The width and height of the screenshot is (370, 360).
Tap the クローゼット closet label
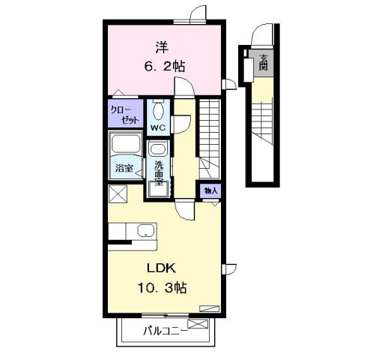tap(123, 114)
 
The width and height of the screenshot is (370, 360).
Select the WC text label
tap(158, 127)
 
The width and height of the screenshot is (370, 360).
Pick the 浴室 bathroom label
tap(125, 169)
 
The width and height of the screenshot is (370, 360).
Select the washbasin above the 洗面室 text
tap(158, 148)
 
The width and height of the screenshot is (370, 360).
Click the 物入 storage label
tap(210, 191)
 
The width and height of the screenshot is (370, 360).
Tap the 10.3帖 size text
tap(163, 288)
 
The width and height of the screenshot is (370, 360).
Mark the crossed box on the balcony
tap(198, 325)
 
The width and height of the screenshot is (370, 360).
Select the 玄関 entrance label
tap(264, 64)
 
